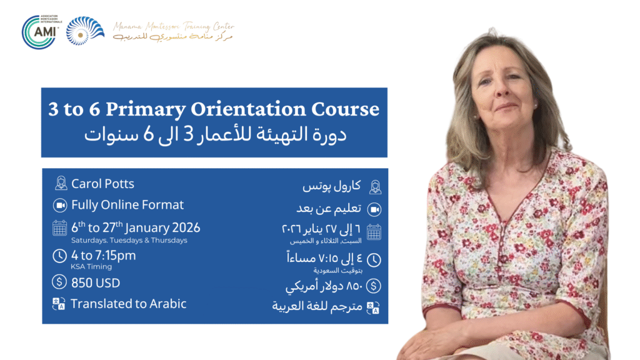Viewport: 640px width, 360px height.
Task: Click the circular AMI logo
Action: tap(41, 31)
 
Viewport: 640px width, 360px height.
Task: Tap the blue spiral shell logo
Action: tap(86, 31)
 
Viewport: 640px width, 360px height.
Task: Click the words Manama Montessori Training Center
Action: tap(174, 26)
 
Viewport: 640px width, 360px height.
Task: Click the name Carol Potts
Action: tap(102, 184)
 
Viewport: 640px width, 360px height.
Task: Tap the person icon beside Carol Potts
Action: tap(61, 184)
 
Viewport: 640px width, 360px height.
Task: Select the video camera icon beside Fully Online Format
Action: tap(61, 206)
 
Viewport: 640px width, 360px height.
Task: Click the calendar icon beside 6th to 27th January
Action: tap(60, 228)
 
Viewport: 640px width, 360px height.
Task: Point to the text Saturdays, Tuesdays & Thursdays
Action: tap(129, 241)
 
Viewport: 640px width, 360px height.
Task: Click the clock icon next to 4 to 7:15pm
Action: tap(60, 256)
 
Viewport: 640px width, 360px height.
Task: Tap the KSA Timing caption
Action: tap(91, 267)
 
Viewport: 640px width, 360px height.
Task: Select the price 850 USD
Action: tap(96, 283)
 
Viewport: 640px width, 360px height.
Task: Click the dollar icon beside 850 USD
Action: tap(60, 282)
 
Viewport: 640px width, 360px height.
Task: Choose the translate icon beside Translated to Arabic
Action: tap(60, 304)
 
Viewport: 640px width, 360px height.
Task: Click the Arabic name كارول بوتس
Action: tap(331, 186)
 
